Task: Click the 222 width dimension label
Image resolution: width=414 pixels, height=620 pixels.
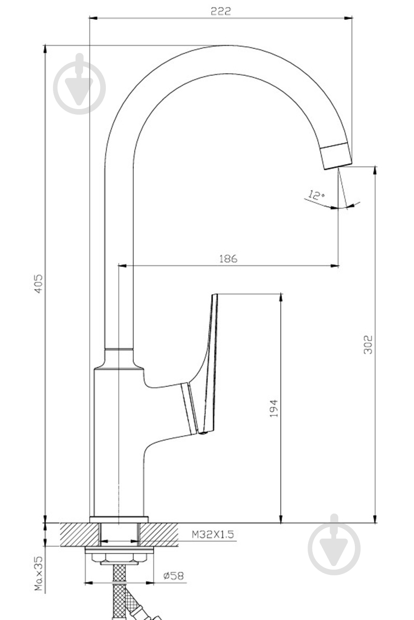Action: [x=220, y=11]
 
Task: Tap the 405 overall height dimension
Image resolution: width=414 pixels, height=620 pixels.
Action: [x=38, y=283]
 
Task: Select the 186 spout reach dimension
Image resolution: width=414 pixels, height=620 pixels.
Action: [x=228, y=259]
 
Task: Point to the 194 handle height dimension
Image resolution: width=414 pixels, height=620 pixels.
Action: [x=274, y=409]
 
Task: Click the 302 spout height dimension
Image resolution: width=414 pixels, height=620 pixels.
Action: [x=368, y=344]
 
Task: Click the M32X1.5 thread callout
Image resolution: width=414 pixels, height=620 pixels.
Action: [x=213, y=535]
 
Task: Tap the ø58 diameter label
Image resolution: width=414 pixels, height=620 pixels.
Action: [x=174, y=576]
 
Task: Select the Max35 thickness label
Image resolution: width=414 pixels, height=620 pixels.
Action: [x=39, y=573]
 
